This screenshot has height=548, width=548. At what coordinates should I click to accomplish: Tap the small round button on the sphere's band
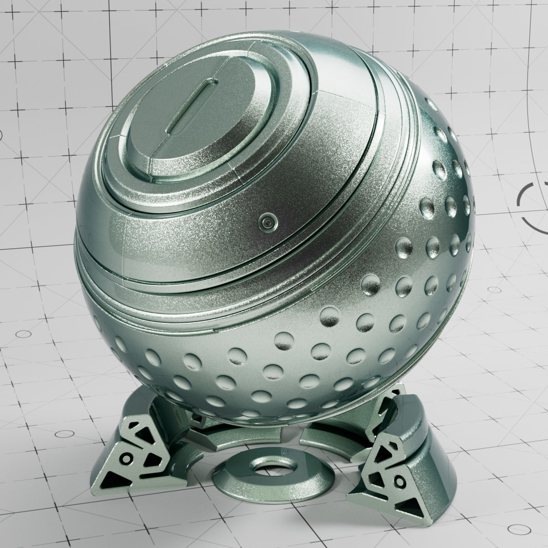pyautogui.click(x=266, y=222)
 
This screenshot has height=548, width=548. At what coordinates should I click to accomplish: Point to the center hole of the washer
pyautogui.click(x=265, y=469)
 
